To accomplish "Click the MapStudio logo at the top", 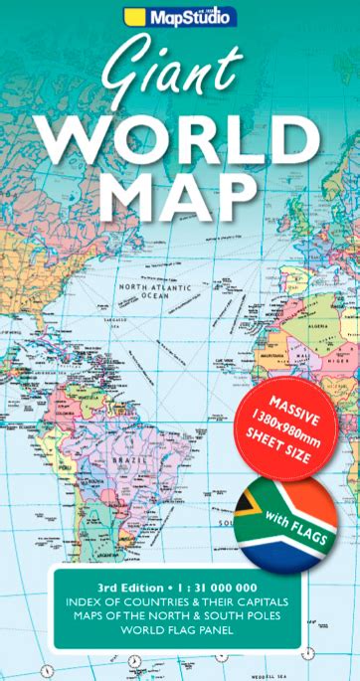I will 180,15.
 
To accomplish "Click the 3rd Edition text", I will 120,587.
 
